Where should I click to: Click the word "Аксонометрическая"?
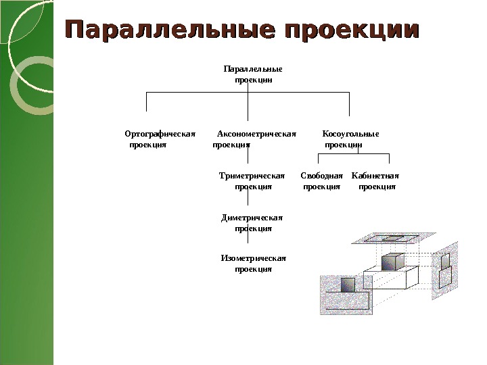tap(256, 133)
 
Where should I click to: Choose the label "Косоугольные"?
tap(350, 133)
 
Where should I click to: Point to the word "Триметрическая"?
tap(253, 176)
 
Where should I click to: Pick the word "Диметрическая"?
tap(252, 218)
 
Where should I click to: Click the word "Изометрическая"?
tap(254, 258)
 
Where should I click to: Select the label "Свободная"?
tap(322, 176)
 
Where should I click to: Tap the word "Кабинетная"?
tap(375, 176)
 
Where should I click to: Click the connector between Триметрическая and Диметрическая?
tap(248, 199)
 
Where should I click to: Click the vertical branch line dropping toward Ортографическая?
tap(147, 102)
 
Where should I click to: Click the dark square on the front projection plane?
tap(348, 285)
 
